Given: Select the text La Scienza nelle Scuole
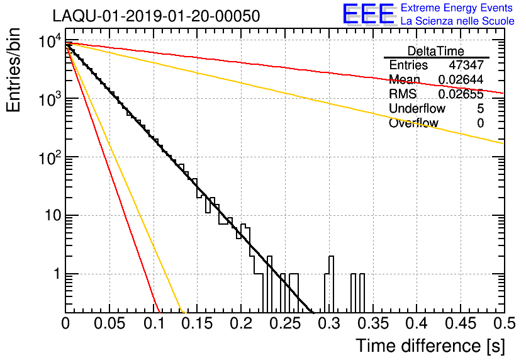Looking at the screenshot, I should click(x=457, y=21).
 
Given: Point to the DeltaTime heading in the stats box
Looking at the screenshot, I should click(x=435, y=51).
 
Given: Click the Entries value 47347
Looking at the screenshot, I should click(x=466, y=65).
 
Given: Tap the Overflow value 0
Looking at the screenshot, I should click(x=480, y=123).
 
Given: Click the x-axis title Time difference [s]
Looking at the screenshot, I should click(x=430, y=346).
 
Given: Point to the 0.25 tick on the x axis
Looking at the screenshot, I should click(x=284, y=323).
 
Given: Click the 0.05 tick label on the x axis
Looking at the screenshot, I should click(x=109, y=323).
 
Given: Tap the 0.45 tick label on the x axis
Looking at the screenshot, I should click(x=460, y=323).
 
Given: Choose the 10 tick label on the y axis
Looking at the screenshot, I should click(x=50, y=216).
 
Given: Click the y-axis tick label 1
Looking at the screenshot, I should click(x=55, y=274).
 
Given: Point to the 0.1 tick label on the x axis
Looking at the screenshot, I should click(x=154, y=323).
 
